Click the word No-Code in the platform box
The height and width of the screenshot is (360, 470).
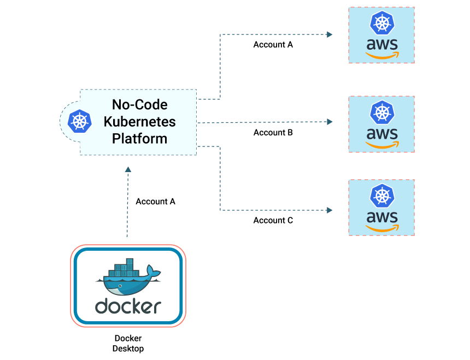139,104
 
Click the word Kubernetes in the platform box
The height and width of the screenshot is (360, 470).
139,121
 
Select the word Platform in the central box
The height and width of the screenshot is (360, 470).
139,138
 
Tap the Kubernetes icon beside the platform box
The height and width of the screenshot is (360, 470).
80,121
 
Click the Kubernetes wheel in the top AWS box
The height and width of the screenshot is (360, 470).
381,23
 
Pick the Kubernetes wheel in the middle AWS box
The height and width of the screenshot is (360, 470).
381,113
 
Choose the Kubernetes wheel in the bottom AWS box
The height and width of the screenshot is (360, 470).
381,196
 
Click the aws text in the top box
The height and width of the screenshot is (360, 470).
381,44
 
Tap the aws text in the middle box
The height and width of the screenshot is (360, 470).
381,133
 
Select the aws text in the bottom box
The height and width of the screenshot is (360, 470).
381,217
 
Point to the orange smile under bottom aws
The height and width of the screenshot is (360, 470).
383,228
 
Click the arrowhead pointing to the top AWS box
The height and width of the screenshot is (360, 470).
330,34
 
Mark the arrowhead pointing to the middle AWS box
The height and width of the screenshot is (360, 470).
330,122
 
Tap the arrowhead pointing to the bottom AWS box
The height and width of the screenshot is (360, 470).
330,210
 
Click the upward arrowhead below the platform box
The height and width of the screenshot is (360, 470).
128,170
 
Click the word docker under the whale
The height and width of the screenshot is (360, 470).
128,306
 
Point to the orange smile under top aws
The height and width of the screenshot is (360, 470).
383,56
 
